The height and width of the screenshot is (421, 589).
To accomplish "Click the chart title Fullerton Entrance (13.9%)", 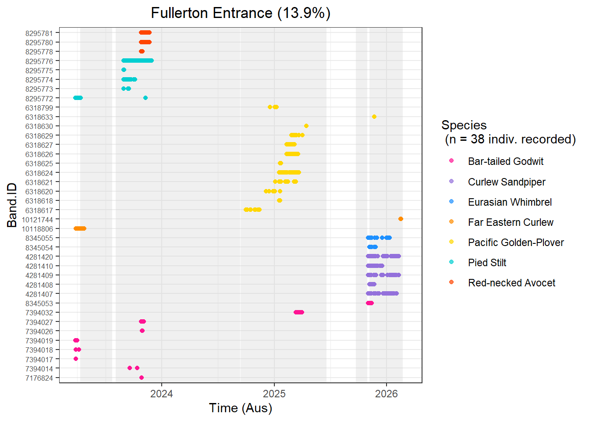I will click(241, 13).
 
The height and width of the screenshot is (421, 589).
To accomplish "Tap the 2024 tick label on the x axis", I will click(162, 394).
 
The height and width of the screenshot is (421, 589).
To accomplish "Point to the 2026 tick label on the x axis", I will click(387, 394).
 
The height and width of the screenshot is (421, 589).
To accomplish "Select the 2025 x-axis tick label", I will click(274, 394).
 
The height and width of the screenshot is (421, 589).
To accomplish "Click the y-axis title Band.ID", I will click(12, 205).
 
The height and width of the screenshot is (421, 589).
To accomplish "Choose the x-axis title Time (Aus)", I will click(241, 408).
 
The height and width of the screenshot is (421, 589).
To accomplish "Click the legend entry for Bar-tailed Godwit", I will click(505, 161).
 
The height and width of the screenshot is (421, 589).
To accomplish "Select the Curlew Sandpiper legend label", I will click(507, 182).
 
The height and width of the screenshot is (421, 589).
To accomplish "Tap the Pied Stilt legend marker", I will click(451, 262).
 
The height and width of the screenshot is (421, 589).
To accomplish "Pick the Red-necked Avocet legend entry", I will click(511, 283).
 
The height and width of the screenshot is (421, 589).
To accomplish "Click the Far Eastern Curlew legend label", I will click(511, 222).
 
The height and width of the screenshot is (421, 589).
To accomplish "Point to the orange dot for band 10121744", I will click(401, 219).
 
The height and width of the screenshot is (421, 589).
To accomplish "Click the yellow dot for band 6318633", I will click(374, 117).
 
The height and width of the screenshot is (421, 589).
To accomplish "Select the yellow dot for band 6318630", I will click(306, 126).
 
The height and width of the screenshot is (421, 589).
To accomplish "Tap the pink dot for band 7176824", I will click(142, 378).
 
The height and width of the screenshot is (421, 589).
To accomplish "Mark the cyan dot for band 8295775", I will click(124, 70).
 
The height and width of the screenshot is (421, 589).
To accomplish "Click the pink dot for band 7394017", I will click(76, 359).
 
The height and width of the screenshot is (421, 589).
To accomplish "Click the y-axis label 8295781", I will click(39, 33).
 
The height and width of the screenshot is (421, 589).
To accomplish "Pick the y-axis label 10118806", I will click(37, 229).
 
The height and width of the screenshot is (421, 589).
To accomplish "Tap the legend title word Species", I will click(464, 125).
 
